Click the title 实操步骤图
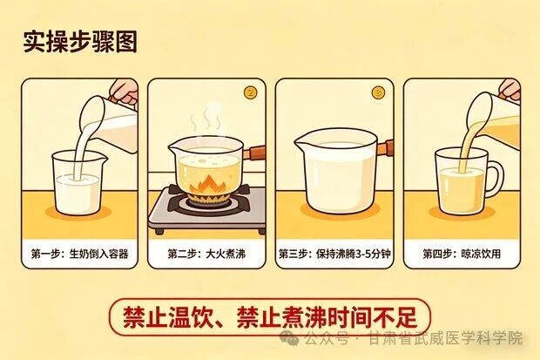[x=79, y=41]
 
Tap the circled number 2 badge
[x=252, y=92]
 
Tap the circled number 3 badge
[x=378, y=92]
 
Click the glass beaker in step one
[x=78, y=183]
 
